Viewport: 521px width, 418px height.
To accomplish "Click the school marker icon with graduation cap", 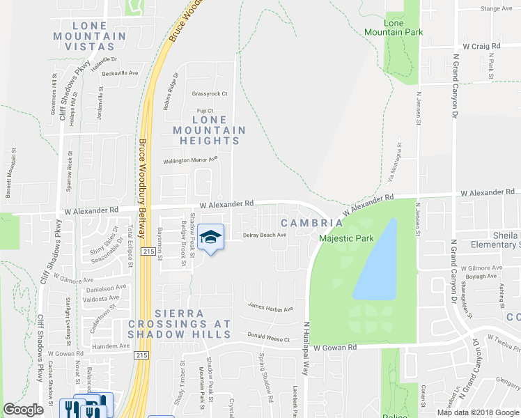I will (210, 238).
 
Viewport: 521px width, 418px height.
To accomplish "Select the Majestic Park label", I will (346, 238).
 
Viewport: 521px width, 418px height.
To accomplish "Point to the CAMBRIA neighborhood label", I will (311, 223).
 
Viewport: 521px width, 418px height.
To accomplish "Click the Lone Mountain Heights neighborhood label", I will (209, 130).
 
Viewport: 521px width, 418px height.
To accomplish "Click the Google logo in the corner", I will (23, 410).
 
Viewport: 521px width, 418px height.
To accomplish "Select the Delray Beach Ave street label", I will (265, 235).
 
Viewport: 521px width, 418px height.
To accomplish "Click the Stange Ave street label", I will (496, 8).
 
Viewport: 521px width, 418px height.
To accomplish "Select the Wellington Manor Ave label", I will (190, 160).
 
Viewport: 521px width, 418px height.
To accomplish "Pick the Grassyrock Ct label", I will (209, 93).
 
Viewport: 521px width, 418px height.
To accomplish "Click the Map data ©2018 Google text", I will (478, 412).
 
